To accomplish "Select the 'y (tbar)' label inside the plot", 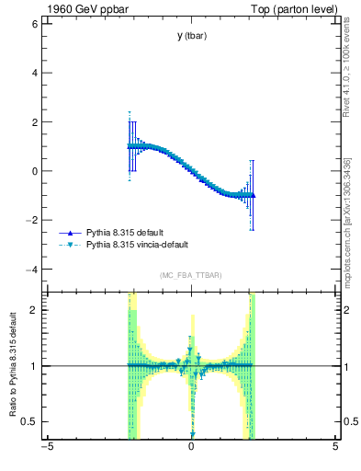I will click(191, 36).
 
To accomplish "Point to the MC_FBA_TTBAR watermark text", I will click(190, 276).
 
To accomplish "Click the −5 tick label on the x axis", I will click(47, 448).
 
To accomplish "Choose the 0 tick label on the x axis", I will click(191, 448).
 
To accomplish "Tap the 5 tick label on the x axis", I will click(335, 448).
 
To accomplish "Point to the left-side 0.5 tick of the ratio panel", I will click(29, 421).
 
